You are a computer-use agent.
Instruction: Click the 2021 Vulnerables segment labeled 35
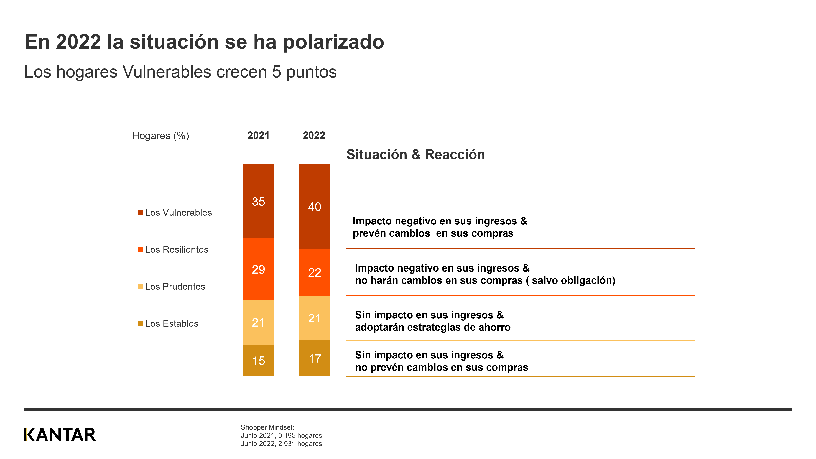click(x=259, y=201)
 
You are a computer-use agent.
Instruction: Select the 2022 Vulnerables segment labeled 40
click(x=315, y=207)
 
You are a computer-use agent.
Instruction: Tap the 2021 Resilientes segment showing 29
click(x=259, y=269)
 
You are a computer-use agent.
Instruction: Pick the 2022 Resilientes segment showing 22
click(x=315, y=272)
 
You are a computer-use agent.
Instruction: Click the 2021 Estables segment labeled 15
click(x=259, y=361)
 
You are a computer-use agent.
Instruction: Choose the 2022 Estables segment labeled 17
click(x=315, y=359)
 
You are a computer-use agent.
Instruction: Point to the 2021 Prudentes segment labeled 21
click(x=259, y=322)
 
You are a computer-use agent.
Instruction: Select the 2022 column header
click(x=314, y=136)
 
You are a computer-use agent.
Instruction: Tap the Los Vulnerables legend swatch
click(x=141, y=213)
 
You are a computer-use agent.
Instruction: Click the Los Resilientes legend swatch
click(x=141, y=250)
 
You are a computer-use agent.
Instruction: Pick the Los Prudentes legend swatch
click(x=141, y=287)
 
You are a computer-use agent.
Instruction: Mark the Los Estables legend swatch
click(x=141, y=323)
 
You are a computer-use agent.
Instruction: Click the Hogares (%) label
click(x=161, y=136)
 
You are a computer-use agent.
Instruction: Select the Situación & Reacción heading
click(x=415, y=155)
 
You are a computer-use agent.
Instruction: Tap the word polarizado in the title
click(x=333, y=42)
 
